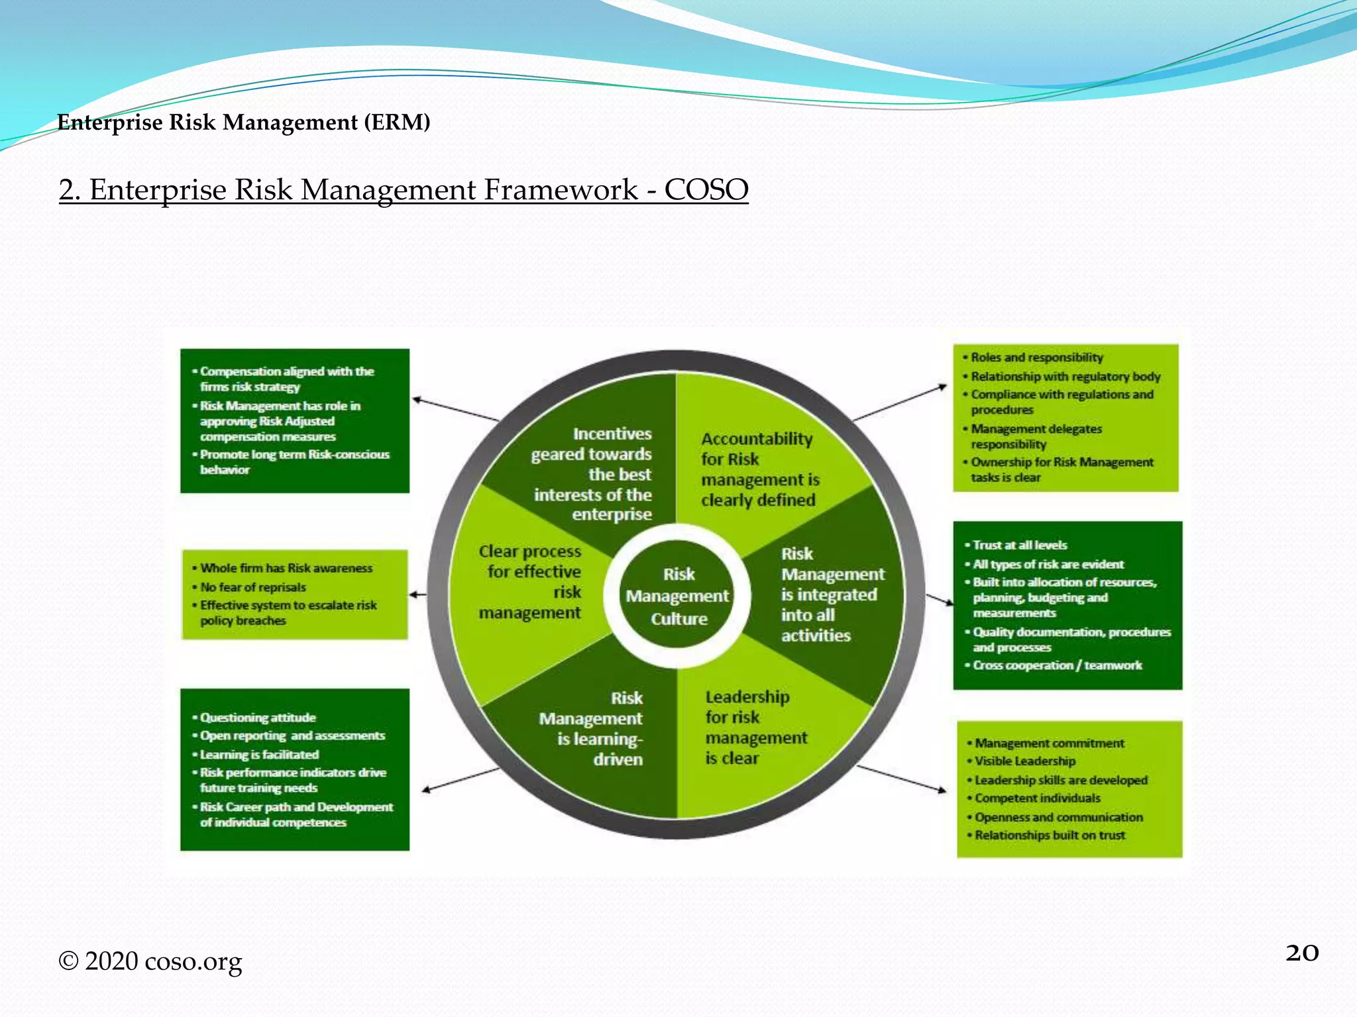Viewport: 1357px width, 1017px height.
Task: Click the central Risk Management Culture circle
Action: (678, 596)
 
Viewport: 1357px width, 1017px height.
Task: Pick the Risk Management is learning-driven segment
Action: (596, 728)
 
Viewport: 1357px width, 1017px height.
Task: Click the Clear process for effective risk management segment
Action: (530, 583)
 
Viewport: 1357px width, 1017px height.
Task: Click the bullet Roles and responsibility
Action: (1036, 358)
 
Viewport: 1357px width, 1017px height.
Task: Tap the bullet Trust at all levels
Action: (1019, 546)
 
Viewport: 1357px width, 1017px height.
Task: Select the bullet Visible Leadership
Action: (1024, 761)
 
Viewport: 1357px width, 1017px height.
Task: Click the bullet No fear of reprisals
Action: (253, 587)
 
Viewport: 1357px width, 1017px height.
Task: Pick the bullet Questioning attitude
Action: (258, 718)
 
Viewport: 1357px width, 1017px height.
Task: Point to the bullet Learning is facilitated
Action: (259, 755)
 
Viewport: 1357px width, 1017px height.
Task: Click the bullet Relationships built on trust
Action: (1050, 836)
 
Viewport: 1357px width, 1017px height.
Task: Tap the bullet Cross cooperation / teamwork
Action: (1057, 665)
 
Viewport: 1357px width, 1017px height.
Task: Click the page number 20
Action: (1301, 953)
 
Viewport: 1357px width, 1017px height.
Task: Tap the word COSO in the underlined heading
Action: (706, 190)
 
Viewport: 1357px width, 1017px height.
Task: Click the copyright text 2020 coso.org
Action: (151, 961)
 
